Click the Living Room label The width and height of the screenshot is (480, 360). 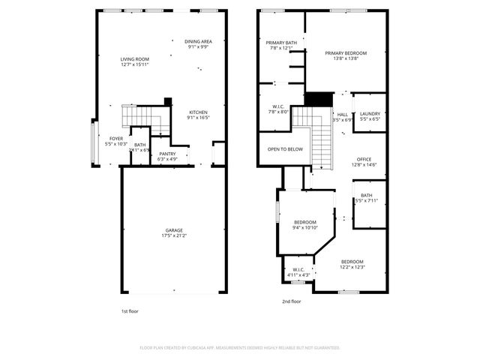135,58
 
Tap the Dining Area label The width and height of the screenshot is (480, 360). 199,41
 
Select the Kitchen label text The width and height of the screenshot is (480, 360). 199,112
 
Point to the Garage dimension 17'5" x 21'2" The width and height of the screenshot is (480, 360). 174,235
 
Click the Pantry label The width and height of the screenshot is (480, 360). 167,154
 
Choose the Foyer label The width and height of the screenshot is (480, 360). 116,139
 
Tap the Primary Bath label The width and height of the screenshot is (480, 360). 282,43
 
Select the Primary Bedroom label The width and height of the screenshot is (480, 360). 346,53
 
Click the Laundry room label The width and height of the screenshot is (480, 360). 370,114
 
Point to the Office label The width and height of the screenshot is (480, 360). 364,159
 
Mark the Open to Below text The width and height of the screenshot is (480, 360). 285,149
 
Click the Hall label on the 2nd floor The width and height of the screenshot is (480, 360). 342,115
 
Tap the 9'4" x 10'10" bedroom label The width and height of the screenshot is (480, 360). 305,222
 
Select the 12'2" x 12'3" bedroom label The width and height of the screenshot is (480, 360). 352,262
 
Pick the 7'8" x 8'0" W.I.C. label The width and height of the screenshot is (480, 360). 277,107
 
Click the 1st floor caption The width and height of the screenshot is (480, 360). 130,310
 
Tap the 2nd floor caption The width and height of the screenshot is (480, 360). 291,301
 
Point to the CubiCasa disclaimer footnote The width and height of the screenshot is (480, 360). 240,347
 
